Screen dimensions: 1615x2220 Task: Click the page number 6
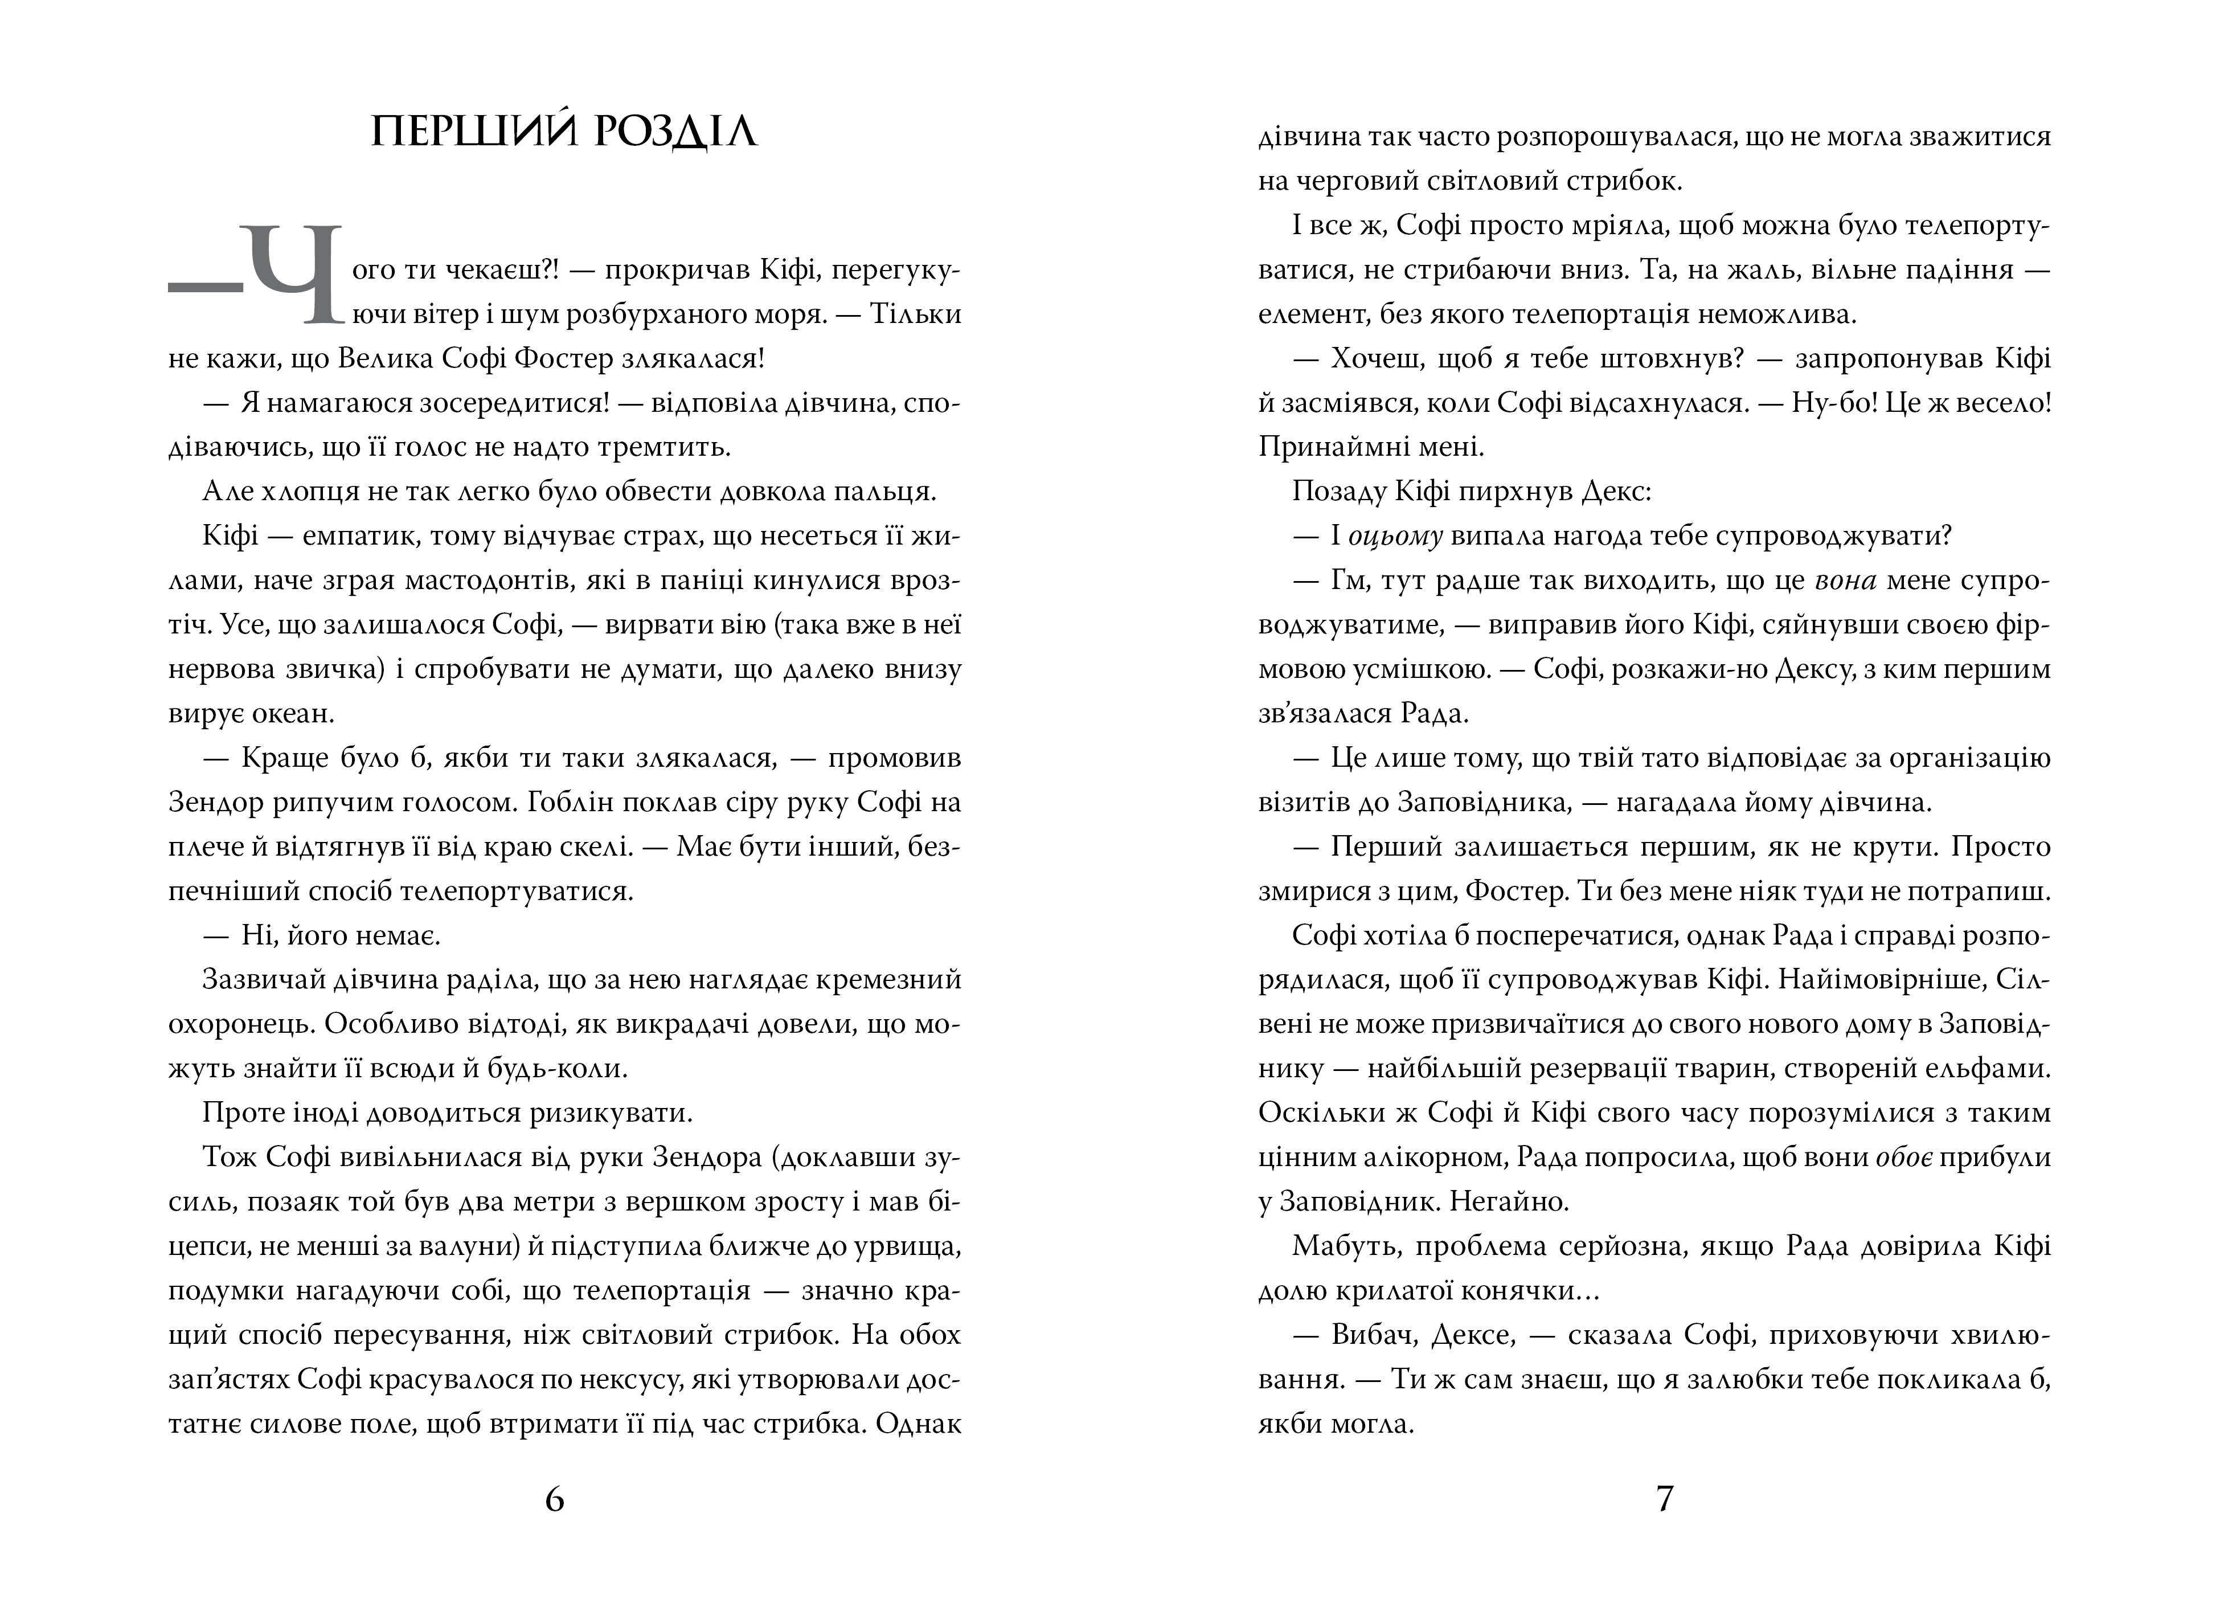(x=554, y=1499)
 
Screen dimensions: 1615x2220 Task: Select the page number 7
(x=1664, y=1499)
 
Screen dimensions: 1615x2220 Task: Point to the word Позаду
(x=1335, y=492)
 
